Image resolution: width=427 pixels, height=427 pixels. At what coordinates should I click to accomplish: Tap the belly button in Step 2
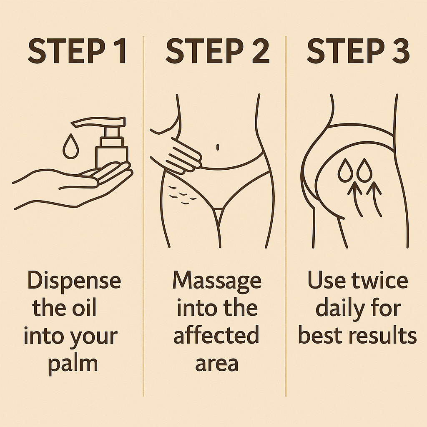click(218, 147)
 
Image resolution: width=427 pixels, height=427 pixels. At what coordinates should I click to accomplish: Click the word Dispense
click(74, 281)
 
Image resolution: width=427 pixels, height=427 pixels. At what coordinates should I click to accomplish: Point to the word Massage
click(217, 281)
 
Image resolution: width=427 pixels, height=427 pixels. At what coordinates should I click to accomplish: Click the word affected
click(216, 336)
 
